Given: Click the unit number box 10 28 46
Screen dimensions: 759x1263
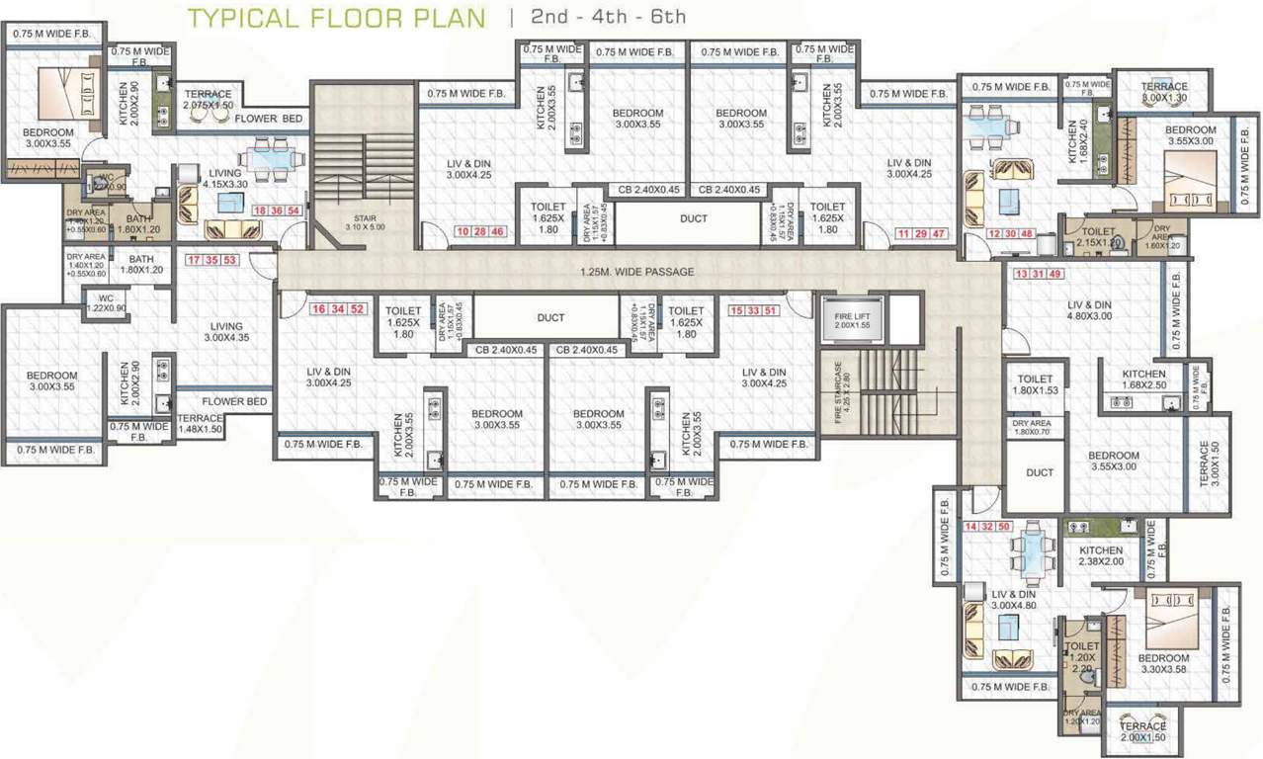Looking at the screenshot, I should pyautogui.click(x=481, y=232).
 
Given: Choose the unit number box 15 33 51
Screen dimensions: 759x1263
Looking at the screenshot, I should pyautogui.click(x=756, y=310).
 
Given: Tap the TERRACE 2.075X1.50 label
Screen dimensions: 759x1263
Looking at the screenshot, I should pyautogui.click(x=208, y=100).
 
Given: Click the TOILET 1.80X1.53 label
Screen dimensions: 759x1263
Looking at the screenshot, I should pyautogui.click(x=1035, y=385).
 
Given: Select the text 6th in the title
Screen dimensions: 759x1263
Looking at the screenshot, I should pyautogui.click(x=668, y=18).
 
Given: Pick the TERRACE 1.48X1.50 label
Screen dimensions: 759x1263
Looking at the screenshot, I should pyautogui.click(x=201, y=424).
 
